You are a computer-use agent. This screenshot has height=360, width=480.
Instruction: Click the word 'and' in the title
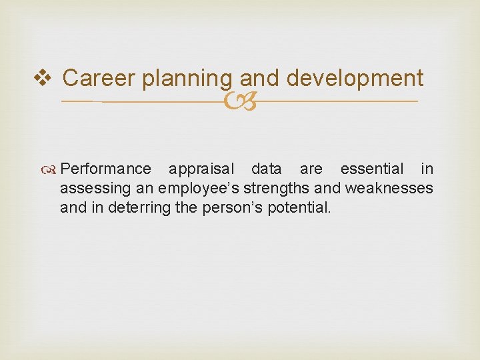259,78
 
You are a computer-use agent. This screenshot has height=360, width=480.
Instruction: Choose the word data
267,169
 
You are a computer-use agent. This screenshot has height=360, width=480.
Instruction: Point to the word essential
372,169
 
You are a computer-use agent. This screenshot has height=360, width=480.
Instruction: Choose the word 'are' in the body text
310,169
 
